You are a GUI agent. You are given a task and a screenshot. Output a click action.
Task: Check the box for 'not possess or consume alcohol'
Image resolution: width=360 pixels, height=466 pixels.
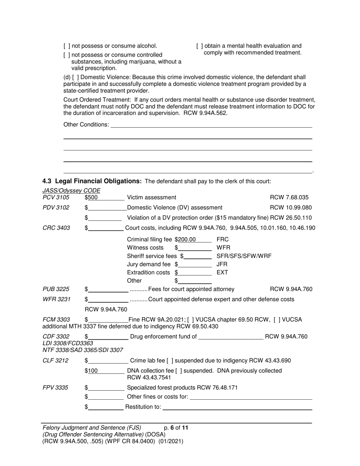tap(67, 46)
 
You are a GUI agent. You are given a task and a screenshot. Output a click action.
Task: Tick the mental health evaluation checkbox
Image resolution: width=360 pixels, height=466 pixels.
tap(200, 46)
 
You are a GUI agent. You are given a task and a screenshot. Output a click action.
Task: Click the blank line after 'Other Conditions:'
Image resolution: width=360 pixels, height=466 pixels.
tap(211, 125)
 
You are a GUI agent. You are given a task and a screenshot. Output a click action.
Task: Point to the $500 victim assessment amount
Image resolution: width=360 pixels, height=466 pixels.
tap(93, 197)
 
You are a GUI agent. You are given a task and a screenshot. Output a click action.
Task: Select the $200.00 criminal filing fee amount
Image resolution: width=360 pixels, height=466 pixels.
tap(186, 239)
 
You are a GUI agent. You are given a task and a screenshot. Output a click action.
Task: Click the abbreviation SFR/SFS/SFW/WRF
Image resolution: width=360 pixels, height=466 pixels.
tap(244, 256)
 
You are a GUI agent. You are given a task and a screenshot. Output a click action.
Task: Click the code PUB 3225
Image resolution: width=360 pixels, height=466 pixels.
tap(56, 289)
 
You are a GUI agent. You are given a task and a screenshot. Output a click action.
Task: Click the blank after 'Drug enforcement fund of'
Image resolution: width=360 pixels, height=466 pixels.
tap(230, 337)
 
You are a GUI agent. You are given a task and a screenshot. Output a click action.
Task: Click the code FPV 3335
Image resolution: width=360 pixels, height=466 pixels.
tap(55, 388)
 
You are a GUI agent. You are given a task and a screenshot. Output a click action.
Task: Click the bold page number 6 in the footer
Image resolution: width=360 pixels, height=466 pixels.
tap(172, 428)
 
